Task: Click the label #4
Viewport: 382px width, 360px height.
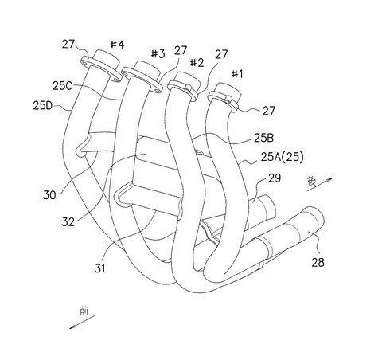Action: point(117,45)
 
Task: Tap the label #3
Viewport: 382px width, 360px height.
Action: point(158,53)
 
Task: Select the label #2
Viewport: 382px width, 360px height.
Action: point(197,63)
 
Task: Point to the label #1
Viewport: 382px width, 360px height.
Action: point(237,74)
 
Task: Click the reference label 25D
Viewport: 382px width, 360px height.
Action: point(43,105)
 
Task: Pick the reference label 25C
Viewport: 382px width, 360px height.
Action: point(62,86)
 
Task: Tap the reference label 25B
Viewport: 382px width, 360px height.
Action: point(263,138)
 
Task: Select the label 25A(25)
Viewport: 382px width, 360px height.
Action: point(282,157)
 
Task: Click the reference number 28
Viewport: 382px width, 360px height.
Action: point(318,262)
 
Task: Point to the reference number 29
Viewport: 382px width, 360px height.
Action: point(275,178)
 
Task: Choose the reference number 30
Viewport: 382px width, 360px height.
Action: point(49,195)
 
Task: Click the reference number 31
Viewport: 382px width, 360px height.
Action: point(100,268)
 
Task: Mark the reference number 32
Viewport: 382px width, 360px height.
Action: point(68,222)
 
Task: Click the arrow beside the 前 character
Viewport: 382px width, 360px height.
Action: point(82,322)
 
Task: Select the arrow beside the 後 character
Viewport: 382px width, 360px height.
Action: point(320,184)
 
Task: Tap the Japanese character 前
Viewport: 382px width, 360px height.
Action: point(84,311)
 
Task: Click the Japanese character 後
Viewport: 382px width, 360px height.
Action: point(312,182)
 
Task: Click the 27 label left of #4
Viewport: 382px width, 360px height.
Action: point(68,44)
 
